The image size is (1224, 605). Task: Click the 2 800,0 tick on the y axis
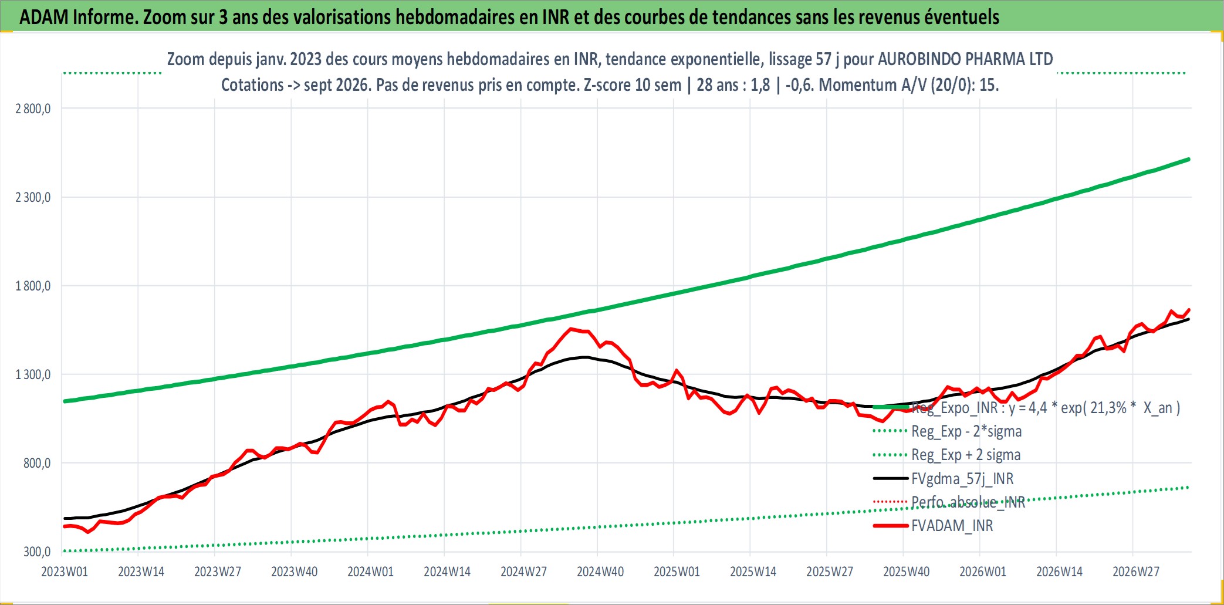pos(33,109)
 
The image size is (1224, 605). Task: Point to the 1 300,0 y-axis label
pos(33,374)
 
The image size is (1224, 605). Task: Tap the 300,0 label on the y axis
pos(37,552)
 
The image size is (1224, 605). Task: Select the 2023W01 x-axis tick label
pos(65,572)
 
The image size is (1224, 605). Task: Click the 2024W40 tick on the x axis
pos(600,572)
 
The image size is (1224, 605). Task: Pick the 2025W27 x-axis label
pos(830,572)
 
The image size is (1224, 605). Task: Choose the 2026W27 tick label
pos(1136,572)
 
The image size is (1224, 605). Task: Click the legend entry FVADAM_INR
pos(952,526)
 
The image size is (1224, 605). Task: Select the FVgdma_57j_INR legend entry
pos(962,479)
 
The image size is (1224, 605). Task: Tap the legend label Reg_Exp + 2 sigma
pos(966,455)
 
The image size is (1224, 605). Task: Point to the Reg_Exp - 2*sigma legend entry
pos(966,431)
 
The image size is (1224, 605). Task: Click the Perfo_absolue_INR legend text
pos(968,502)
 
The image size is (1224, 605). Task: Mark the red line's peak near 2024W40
pos(572,329)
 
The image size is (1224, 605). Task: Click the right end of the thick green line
pos(1189,159)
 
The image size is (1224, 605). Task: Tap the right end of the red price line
pos(1189,309)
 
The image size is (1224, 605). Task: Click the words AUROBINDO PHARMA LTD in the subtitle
pos(965,59)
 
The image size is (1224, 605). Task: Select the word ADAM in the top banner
pos(44,17)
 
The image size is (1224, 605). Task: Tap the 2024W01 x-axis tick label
pos(371,572)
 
